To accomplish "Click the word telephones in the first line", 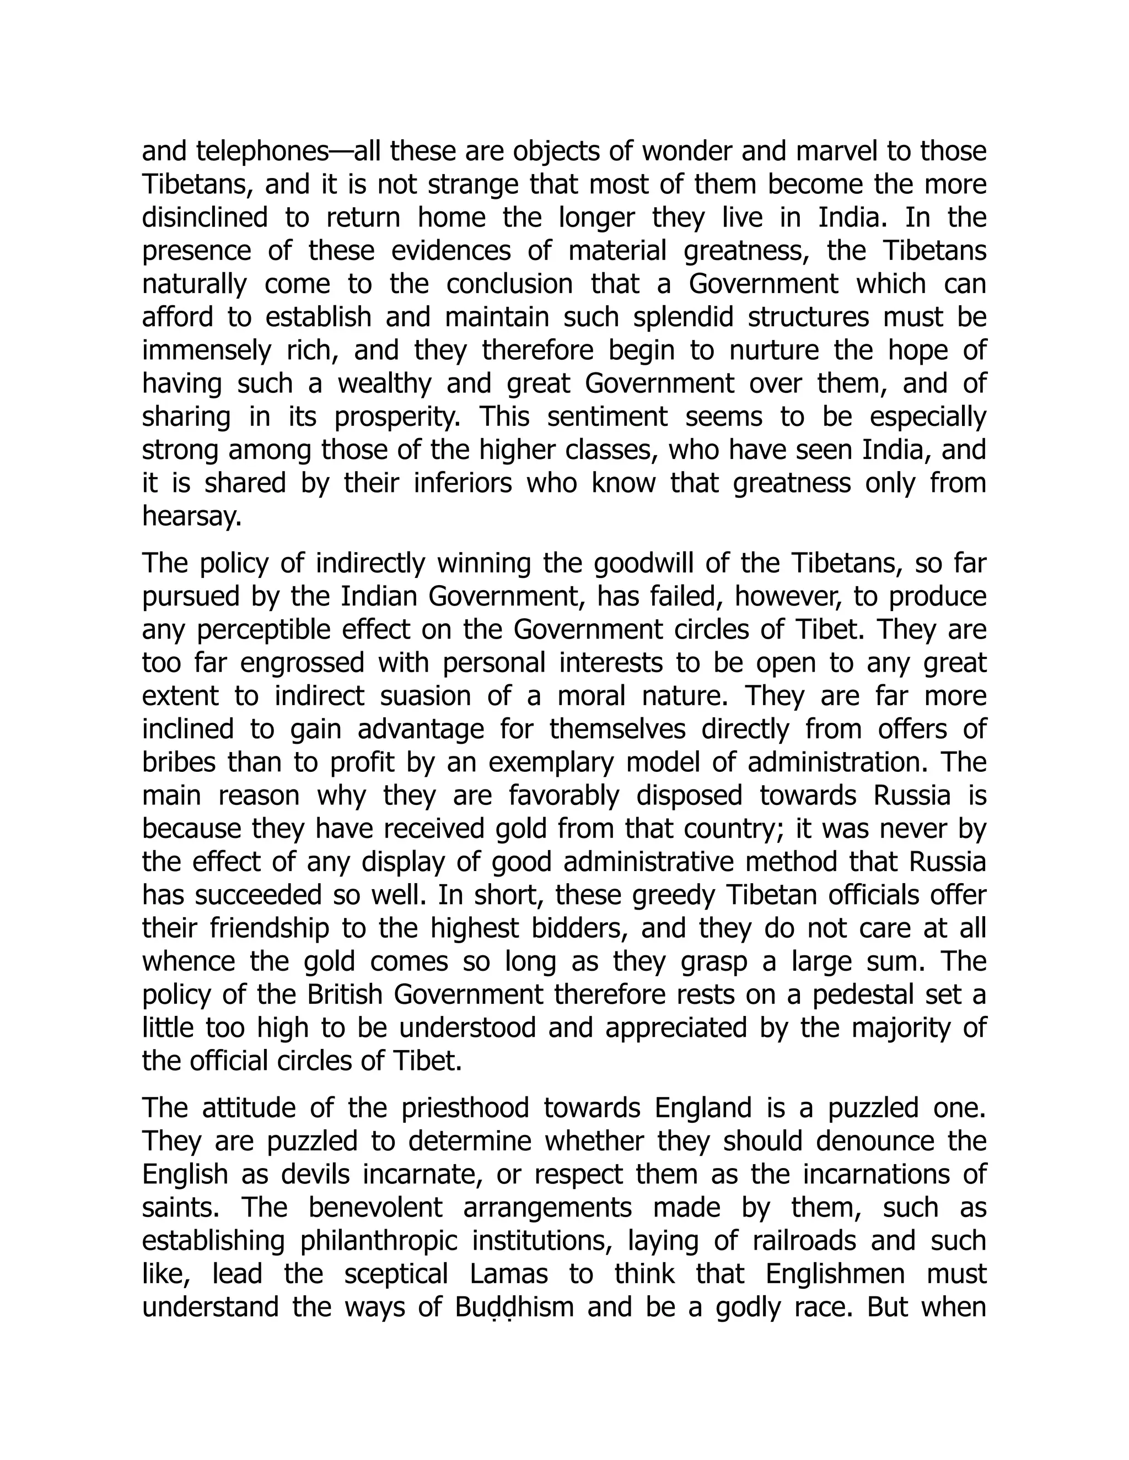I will point(261,153).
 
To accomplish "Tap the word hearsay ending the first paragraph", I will point(191,516).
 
